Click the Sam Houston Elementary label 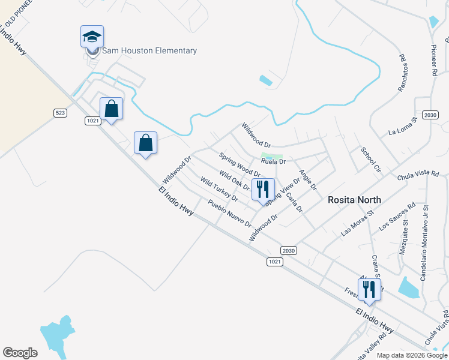click(x=149, y=51)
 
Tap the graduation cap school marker click(x=92, y=37)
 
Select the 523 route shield click(x=60, y=112)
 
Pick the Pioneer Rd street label click(x=434, y=59)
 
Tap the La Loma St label click(x=402, y=128)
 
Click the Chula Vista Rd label click(x=418, y=175)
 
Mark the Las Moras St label click(x=357, y=223)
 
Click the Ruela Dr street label click(x=273, y=161)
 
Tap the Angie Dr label click(x=308, y=179)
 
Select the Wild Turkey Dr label click(x=219, y=190)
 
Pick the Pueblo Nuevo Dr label click(x=229, y=214)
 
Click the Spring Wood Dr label click(x=239, y=165)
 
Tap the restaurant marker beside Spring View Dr click(x=262, y=190)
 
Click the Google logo click(x=20, y=353)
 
